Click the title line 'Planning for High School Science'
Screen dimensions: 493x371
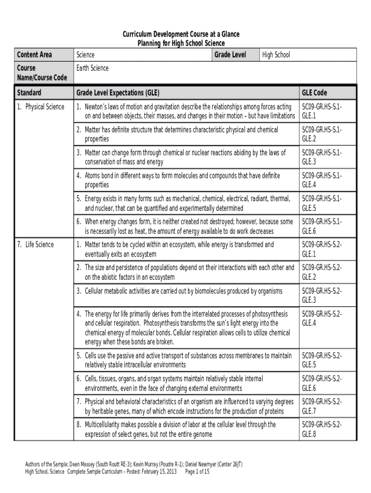tap(181, 43)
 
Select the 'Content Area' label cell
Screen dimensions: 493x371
tap(34, 55)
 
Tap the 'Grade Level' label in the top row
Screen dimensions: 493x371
tap(230, 55)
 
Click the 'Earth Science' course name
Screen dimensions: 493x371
tap(92, 68)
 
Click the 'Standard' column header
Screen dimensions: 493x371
tap(29, 92)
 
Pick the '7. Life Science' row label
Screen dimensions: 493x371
tap(36, 245)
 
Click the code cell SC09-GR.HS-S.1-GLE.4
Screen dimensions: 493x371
tap(322, 180)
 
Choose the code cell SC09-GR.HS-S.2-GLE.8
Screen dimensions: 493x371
tap(322, 429)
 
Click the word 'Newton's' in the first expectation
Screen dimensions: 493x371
tap(96, 106)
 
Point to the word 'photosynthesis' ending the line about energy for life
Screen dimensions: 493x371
tap(267, 314)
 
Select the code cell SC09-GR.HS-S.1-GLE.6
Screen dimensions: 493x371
tap(322, 226)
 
